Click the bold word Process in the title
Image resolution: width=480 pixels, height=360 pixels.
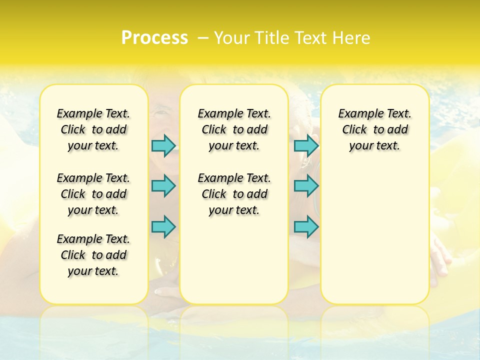pyautogui.click(x=154, y=38)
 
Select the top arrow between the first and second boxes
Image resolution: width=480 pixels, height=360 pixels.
pyautogui.click(x=163, y=145)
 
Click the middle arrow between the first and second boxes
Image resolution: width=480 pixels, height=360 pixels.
pyautogui.click(x=163, y=186)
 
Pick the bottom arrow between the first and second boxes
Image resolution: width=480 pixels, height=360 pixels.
pyautogui.click(x=163, y=226)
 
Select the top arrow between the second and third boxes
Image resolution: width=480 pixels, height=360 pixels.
pyautogui.click(x=306, y=145)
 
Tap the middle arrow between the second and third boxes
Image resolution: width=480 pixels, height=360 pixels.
pyautogui.click(x=306, y=186)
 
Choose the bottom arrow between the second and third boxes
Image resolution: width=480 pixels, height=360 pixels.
pyautogui.click(x=306, y=226)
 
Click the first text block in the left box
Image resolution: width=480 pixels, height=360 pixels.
pyautogui.click(x=93, y=129)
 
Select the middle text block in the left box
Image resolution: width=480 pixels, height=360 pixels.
pyautogui.click(x=93, y=194)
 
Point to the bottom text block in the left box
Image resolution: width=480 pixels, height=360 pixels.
pyautogui.click(x=93, y=255)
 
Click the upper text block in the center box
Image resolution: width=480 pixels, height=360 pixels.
pyautogui.click(x=234, y=129)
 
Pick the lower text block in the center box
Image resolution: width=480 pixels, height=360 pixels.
pyautogui.click(x=234, y=194)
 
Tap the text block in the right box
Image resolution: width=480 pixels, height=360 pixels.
pyautogui.click(x=375, y=129)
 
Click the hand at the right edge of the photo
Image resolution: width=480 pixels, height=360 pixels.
pyautogui.click(x=440, y=255)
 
